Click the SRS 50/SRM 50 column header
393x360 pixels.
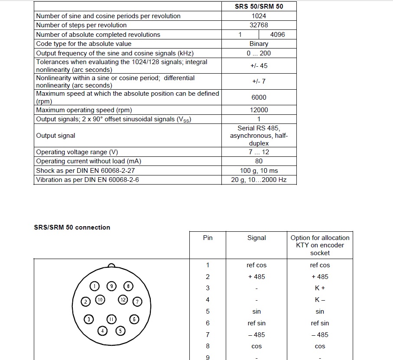(x=259, y=6)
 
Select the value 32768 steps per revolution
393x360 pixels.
(x=259, y=25)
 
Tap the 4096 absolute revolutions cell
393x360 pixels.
(x=277, y=35)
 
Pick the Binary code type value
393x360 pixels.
(x=259, y=44)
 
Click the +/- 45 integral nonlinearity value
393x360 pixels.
(x=259, y=66)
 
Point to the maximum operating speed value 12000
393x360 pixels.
(x=259, y=110)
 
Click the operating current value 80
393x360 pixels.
(x=259, y=161)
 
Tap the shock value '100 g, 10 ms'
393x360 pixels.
(x=259, y=171)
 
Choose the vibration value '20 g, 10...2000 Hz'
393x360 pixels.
(x=259, y=180)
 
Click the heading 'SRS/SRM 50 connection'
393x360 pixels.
(x=72, y=227)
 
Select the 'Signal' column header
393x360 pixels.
(x=257, y=238)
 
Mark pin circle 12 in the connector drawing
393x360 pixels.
(x=123, y=300)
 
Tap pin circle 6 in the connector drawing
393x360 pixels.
(x=134, y=319)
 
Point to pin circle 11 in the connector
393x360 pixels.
(x=111, y=319)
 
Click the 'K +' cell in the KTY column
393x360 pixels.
(x=320, y=288)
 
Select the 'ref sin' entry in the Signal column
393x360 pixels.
(x=257, y=323)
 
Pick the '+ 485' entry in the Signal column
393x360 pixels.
(x=257, y=277)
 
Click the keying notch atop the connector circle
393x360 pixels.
(x=111, y=266)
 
